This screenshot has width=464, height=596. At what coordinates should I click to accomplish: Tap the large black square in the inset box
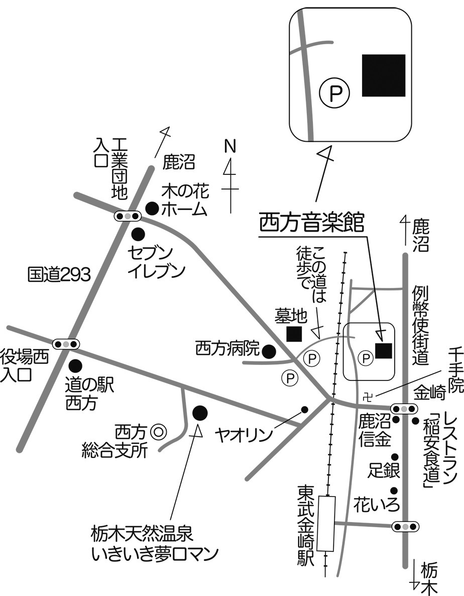pos(384,75)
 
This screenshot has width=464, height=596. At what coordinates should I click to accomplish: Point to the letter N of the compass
pos(230,146)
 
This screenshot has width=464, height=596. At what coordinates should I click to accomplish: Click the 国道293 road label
pos(59,274)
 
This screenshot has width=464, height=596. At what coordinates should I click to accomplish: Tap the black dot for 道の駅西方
pos(75,365)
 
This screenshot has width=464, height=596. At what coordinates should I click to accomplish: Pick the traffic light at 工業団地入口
pos(128,216)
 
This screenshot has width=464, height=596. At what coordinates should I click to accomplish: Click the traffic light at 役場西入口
pos(67,344)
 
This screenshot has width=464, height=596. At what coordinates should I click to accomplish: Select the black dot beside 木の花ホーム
pos(152,207)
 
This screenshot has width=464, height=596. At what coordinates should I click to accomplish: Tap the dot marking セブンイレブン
pos(138,234)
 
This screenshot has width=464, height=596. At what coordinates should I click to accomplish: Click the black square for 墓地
pos(294,333)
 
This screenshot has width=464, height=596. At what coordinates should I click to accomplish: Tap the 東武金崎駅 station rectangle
pos(328,523)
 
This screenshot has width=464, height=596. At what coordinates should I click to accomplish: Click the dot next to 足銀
pos(395,457)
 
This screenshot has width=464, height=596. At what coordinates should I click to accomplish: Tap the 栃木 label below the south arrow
pos(430,578)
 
